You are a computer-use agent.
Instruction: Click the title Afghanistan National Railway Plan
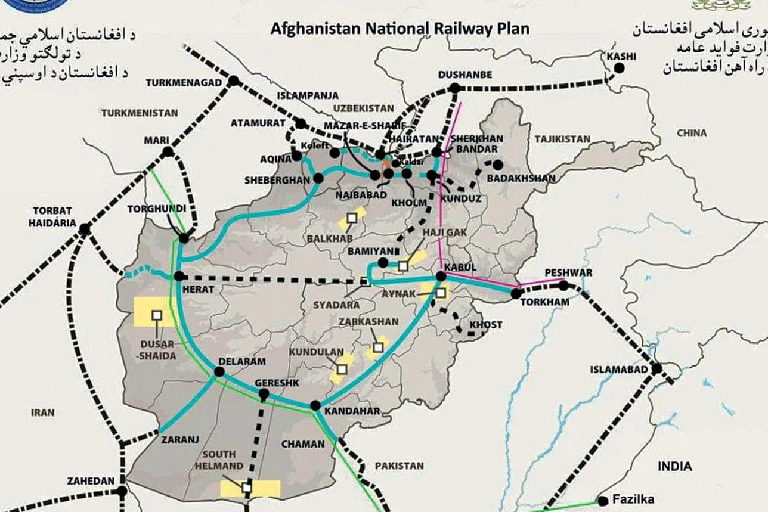click(400, 28)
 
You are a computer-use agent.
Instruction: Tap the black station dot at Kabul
click(441, 276)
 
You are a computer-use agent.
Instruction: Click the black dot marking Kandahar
click(315, 405)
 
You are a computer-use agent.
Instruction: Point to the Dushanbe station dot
click(455, 88)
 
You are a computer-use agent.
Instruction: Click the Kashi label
click(621, 57)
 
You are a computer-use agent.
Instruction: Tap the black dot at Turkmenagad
click(234, 80)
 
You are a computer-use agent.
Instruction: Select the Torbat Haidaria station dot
click(85, 228)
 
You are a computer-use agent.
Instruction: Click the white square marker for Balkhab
click(352, 218)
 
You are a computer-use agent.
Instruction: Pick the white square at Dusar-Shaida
click(157, 315)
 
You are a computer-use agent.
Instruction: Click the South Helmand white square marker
click(247, 488)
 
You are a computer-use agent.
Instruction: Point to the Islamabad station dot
click(656, 369)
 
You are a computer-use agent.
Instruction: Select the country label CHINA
click(692, 133)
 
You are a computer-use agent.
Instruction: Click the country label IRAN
click(43, 412)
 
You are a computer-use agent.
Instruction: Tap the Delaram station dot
click(219, 371)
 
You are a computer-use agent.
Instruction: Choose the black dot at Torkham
click(516, 293)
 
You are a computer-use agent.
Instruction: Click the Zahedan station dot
click(122, 492)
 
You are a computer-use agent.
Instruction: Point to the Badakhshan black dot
click(497, 165)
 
